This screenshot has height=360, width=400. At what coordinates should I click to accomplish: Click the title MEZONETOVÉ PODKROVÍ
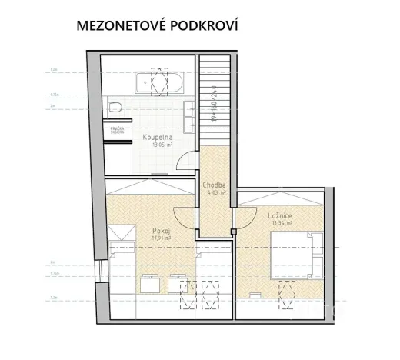pyautogui.click(x=157, y=25)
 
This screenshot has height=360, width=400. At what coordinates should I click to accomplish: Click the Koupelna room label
pyautogui.click(x=156, y=137)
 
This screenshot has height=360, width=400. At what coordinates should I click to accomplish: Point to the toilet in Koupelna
pyautogui.click(x=116, y=107)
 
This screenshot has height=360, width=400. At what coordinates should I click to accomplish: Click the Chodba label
pyautogui.click(x=214, y=185)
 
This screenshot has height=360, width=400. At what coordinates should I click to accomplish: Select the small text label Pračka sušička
pyautogui.click(x=117, y=129)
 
